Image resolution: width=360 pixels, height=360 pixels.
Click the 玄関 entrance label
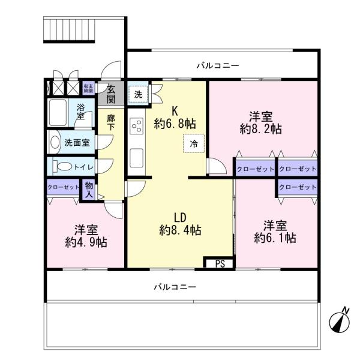tap(111, 94)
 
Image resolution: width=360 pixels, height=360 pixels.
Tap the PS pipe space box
tap(220, 263)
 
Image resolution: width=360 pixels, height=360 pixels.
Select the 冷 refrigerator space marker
tap(194, 143)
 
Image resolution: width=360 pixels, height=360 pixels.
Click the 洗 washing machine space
tap(138, 94)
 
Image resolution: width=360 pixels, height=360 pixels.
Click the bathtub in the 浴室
tap(58, 113)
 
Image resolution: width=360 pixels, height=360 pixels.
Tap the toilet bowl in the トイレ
tap(62, 166)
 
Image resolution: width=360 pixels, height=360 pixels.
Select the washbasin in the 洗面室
tap(55, 142)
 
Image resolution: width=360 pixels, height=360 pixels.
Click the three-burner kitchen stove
tap(136, 126)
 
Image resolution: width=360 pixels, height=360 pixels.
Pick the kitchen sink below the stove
tap(136, 158)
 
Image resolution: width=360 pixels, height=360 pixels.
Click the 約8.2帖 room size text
tap(261, 130)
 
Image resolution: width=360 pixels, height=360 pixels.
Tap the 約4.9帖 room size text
tap(86, 242)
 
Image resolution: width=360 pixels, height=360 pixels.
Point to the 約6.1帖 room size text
tap(275, 238)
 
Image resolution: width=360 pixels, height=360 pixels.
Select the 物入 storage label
tap(89, 190)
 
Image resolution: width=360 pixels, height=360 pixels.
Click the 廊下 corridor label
tap(111, 122)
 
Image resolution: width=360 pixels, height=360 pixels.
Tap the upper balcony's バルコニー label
tap(218, 66)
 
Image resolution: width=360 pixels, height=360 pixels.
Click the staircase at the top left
tap(69, 30)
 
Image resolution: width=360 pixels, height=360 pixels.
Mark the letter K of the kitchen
tap(175, 112)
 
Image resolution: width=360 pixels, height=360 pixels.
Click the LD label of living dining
tap(180, 218)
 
